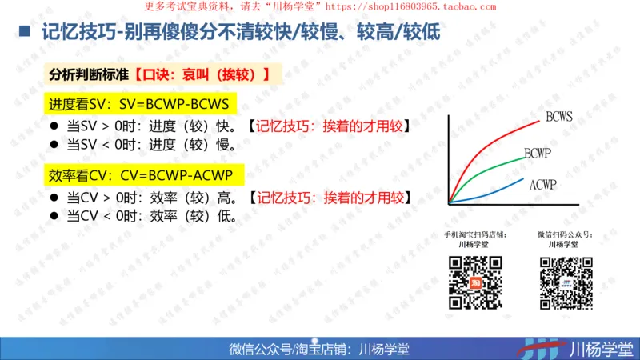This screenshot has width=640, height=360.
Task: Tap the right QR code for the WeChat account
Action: point(566,282)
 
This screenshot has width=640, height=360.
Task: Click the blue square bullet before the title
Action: point(24,33)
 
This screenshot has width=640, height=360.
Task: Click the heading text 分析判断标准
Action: point(89,74)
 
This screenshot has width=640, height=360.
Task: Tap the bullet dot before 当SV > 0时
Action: point(54,126)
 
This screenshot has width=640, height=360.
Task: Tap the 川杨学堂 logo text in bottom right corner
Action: point(600,349)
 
